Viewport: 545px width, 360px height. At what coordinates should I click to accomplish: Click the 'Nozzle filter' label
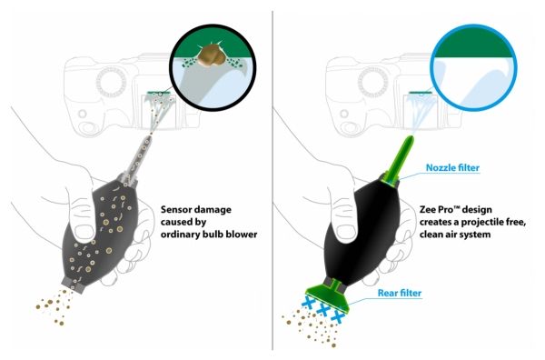(452, 167)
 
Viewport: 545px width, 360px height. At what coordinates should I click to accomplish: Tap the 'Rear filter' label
(400, 293)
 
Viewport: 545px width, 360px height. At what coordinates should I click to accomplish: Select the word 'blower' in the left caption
(242, 234)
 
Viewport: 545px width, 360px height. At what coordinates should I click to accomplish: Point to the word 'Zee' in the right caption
(428, 210)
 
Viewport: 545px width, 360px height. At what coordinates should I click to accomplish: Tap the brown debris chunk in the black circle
(212, 55)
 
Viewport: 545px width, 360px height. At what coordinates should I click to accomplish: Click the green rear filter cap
(329, 295)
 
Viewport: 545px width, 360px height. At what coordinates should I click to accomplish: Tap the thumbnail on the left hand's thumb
(83, 233)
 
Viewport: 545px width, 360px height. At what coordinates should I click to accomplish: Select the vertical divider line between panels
(272, 180)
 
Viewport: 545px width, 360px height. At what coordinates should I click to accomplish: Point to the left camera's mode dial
(110, 83)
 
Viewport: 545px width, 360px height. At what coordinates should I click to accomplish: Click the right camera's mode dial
(372, 83)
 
